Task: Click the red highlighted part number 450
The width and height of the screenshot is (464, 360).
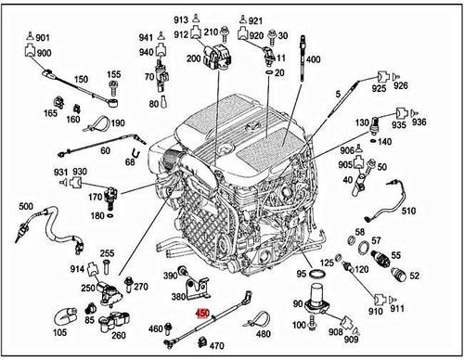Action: coord(200,315)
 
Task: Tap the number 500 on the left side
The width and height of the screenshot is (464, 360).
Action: coord(26,206)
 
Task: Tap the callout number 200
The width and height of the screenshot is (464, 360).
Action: coord(194,58)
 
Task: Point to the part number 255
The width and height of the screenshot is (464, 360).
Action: coord(108,253)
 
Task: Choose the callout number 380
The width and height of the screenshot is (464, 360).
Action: coord(177,298)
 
